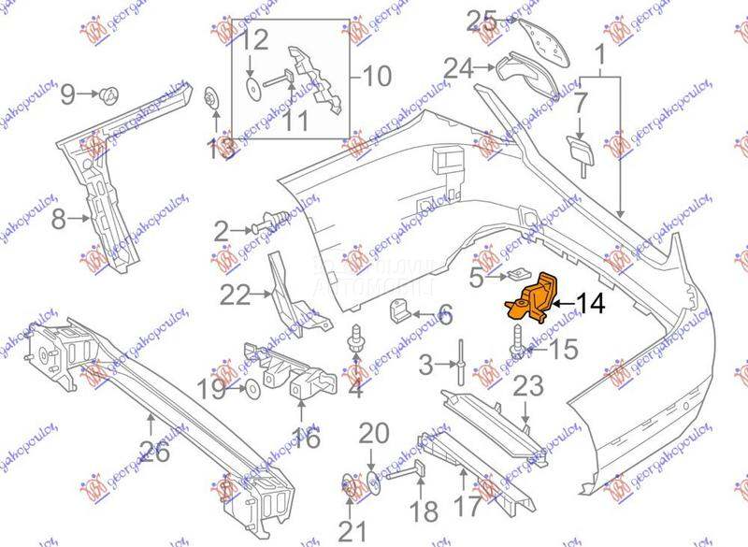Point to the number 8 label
pyautogui.click(x=58, y=220)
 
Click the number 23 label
pyautogui.click(x=527, y=385)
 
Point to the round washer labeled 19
pyautogui.click(x=252, y=387)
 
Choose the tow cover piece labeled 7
pyautogui.click(x=577, y=148)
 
